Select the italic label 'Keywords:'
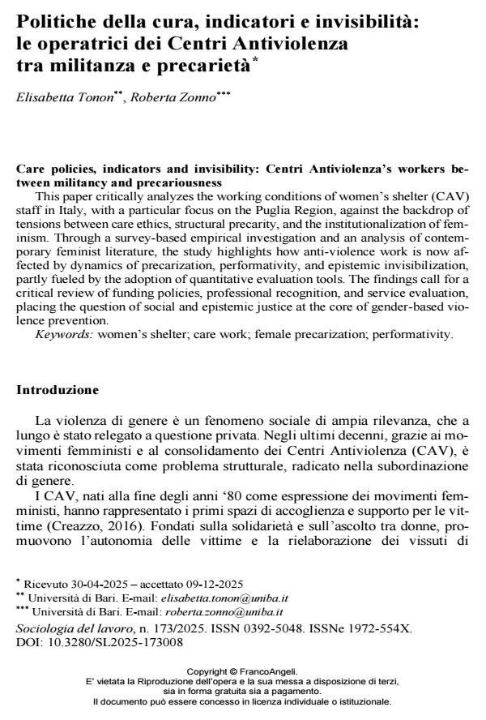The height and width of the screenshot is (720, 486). click(x=62, y=333)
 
